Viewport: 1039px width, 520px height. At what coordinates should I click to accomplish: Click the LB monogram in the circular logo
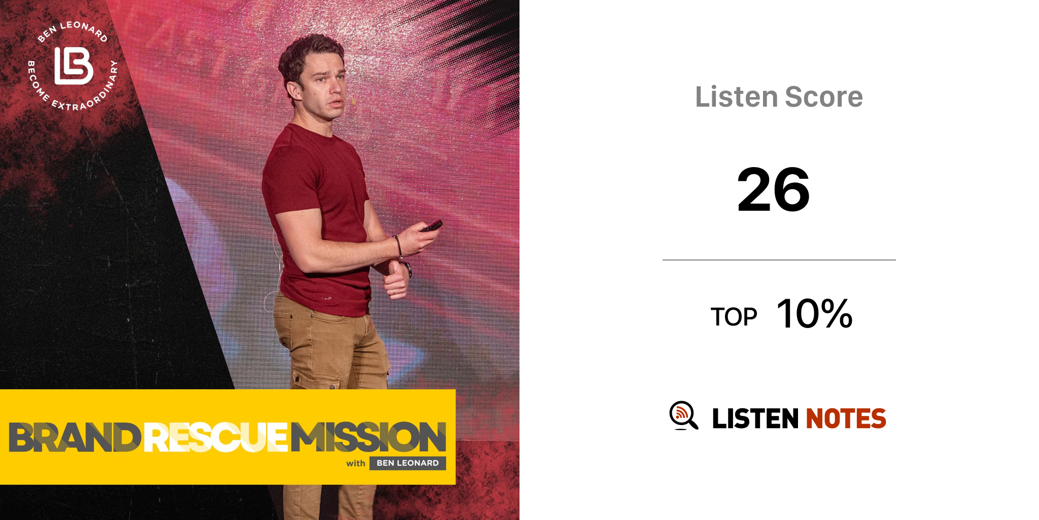coord(74,66)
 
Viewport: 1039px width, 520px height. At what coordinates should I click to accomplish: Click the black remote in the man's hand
coord(431,226)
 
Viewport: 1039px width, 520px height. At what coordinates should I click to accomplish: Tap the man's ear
coord(293,90)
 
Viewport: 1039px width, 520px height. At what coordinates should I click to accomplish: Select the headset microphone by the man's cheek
coord(354,102)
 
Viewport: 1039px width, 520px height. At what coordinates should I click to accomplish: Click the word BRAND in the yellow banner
coord(75,437)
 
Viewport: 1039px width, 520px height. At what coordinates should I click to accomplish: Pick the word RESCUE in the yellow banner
coord(217,437)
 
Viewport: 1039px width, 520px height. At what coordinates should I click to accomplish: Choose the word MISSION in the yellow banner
coord(368,437)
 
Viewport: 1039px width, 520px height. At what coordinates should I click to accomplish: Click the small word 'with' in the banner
coord(356,463)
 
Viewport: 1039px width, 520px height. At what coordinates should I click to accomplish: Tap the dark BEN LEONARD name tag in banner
coord(408,463)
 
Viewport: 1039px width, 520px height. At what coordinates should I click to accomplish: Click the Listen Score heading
coord(779,96)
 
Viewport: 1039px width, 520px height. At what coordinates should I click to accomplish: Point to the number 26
coord(774,189)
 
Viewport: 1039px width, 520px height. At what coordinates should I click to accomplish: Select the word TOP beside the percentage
coord(734,317)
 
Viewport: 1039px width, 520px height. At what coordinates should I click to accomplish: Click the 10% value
coord(815,314)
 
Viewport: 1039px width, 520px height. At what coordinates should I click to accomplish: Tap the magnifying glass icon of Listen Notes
coord(683,415)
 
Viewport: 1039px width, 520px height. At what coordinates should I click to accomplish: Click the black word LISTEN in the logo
coord(755,418)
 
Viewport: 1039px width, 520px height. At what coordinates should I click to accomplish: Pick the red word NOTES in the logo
coord(846,418)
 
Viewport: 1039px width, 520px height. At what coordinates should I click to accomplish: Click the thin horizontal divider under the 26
coord(779,260)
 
